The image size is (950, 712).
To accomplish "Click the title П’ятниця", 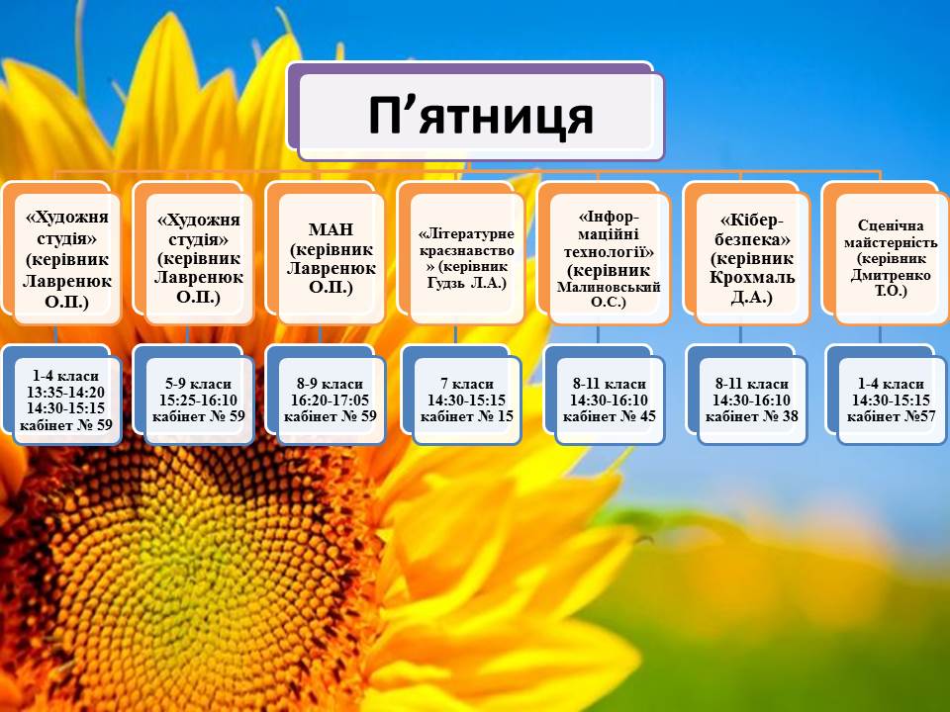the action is tap(481, 116).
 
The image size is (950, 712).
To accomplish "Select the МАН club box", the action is tap(331, 258).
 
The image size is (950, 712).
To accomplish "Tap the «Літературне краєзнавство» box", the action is tap(466, 258).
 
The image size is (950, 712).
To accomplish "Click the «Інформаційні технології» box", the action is tap(609, 258).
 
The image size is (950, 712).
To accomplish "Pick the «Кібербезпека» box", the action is tap(752, 258).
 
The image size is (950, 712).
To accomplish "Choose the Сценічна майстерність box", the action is tap(892, 258).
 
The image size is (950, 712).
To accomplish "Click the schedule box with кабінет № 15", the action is tap(466, 400).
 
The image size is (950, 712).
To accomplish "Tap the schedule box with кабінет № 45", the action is tap(610, 400).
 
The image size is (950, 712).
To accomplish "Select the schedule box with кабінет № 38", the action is tap(752, 400).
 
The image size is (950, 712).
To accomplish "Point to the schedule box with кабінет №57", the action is tap(892, 400).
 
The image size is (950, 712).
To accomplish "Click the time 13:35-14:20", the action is tap(65, 393).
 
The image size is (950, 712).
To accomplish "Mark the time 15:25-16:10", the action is tap(198, 400).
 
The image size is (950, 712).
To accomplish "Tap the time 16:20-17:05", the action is tap(330, 400).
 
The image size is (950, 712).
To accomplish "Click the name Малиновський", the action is tap(609, 287).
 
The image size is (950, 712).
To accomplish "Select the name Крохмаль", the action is tap(752, 278).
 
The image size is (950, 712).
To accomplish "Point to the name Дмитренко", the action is tap(891, 275).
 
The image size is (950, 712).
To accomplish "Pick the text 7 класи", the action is tap(467, 384).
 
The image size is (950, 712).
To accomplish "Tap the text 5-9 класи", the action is tap(198, 384).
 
